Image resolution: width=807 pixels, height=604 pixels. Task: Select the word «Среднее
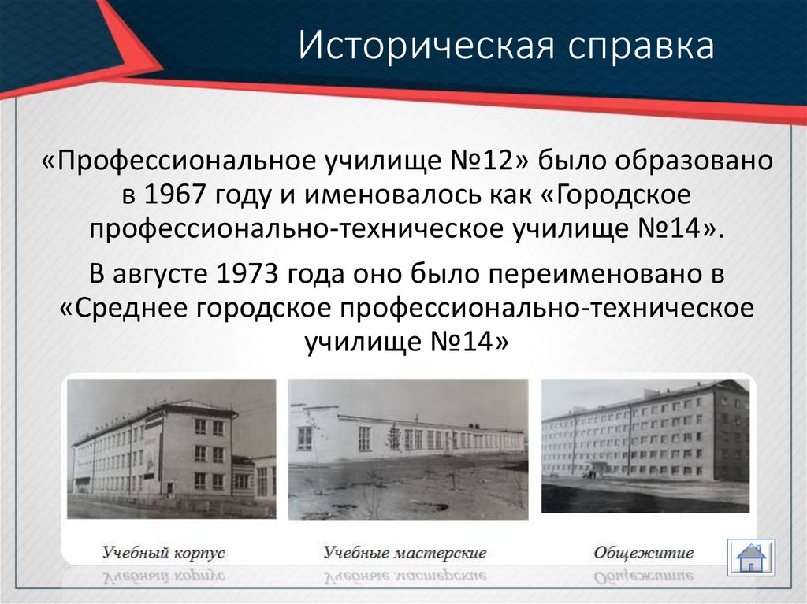click(x=123, y=308)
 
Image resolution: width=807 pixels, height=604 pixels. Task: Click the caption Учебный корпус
click(x=163, y=552)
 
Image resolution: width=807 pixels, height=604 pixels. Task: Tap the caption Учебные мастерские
click(x=404, y=552)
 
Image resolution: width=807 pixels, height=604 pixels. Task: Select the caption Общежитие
click(x=643, y=552)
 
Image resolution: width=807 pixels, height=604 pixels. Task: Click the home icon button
click(x=752, y=557)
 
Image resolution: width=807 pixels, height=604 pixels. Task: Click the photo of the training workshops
click(x=407, y=449)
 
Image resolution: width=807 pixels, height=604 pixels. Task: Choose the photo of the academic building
click(x=171, y=449)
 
